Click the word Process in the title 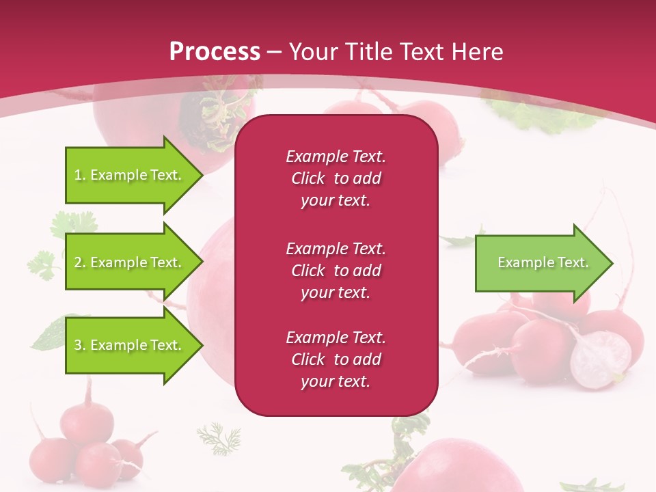[215, 52]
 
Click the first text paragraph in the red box [336, 178]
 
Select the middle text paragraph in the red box [336, 271]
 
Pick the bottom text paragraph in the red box [336, 359]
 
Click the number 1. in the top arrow [80, 175]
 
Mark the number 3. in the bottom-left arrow [80, 345]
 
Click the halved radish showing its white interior [600, 359]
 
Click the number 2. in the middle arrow [80, 262]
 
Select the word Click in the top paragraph [307, 178]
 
